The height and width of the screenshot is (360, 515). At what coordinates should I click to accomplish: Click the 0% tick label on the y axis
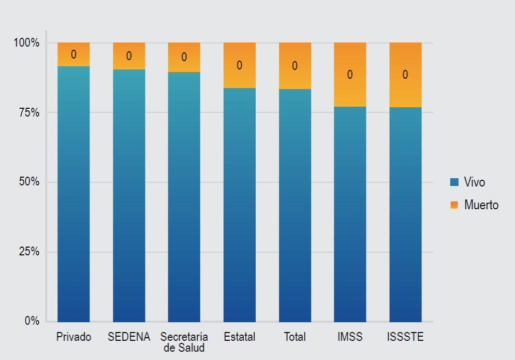[x=32, y=321]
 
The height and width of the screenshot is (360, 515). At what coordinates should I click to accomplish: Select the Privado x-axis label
[x=73, y=337]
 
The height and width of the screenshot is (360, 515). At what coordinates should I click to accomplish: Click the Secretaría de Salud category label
[x=184, y=342]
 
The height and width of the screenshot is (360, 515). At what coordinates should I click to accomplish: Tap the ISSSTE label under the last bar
[x=405, y=337]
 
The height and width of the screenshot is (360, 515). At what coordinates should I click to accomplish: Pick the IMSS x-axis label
[x=350, y=337]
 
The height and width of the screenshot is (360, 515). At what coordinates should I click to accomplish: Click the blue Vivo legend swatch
[x=454, y=182]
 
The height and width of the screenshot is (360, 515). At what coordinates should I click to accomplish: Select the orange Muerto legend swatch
[x=454, y=205]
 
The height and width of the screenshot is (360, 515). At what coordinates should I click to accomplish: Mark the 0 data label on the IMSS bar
[x=350, y=75]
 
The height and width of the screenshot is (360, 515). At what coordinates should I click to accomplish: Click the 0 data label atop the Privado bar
[x=73, y=54]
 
